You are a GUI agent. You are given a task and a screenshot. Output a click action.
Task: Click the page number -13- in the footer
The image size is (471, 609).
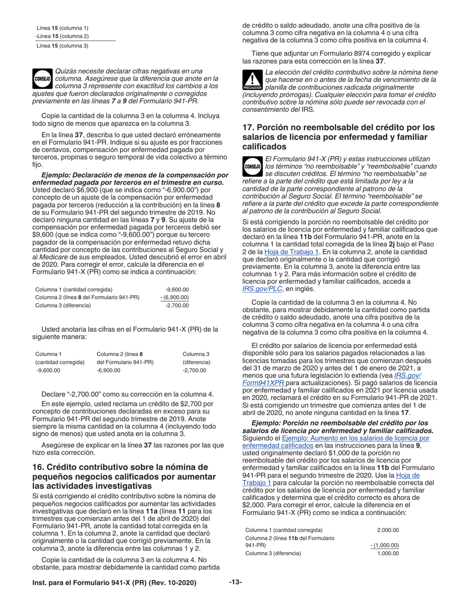(235, 582)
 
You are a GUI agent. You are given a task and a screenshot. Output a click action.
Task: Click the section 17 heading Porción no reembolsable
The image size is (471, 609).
(338, 137)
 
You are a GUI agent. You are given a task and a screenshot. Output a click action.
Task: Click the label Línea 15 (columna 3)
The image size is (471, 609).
(62, 46)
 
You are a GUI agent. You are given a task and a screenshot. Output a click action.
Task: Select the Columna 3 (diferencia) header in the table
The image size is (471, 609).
(196, 358)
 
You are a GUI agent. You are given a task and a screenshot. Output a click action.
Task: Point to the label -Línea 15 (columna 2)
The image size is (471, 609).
(62, 36)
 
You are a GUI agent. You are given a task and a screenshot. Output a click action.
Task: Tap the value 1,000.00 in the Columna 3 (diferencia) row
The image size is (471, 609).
(388, 553)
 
